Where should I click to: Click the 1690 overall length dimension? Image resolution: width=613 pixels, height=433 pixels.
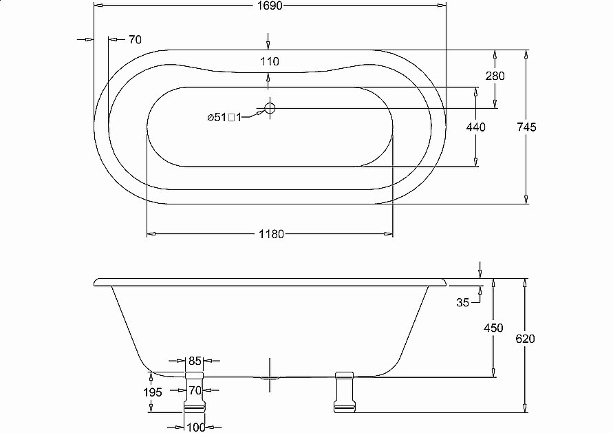click(270, 6)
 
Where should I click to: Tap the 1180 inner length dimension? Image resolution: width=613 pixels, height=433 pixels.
click(271, 234)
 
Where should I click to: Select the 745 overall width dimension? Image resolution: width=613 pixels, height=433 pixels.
click(526, 127)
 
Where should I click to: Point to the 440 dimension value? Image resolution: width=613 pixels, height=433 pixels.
click(476, 127)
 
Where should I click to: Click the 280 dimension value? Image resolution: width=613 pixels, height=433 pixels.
click(495, 76)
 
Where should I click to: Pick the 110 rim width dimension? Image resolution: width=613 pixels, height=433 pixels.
click(270, 61)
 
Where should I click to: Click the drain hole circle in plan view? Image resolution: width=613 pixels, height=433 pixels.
click(270, 108)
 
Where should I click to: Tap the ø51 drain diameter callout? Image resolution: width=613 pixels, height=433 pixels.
click(224, 117)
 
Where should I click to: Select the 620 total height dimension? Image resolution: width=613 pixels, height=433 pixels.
click(525, 339)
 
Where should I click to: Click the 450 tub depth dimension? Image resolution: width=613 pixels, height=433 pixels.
click(493, 328)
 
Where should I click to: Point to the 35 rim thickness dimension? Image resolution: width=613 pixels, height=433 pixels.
click(462, 302)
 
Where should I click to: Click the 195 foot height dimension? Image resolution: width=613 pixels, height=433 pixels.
click(153, 392)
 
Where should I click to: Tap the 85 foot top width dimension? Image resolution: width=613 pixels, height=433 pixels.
click(194, 361)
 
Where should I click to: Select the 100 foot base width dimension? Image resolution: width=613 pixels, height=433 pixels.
click(195, 427)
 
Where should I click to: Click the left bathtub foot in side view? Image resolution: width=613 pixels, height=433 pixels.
click(194, 392)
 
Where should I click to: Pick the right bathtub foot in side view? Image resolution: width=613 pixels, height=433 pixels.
click(344, 392)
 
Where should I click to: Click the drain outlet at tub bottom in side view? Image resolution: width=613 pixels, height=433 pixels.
click(270, 378)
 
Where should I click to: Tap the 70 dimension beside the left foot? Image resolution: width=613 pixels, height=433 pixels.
click(195, 390)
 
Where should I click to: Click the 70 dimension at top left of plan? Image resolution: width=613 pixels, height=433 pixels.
click(135, 39)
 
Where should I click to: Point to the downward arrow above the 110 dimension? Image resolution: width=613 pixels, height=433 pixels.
click(268, 41)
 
